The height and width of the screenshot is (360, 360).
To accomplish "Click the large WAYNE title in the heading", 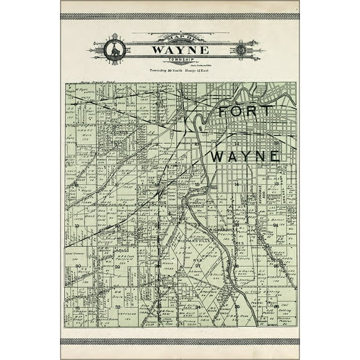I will click(179, 48).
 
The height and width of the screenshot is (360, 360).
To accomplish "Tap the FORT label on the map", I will click(244, 111).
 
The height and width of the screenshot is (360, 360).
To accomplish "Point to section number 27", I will click(197, 266).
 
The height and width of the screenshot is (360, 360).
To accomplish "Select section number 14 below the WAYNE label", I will click(236, 185).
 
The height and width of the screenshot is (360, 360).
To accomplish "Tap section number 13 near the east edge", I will click(276, 185).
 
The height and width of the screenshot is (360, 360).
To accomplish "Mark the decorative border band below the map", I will click(179, 341).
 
